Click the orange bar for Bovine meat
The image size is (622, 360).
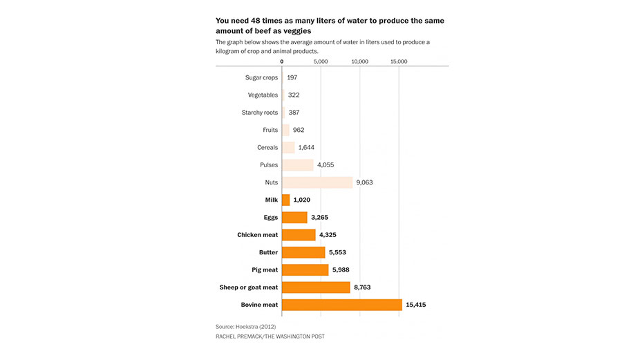[x=342, y=305]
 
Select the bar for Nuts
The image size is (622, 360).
[x=317, y=182]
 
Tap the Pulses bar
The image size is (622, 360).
[x=297, y=165]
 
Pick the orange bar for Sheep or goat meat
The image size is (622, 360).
[x=316, y=287]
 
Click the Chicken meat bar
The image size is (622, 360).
[x=299, y=235]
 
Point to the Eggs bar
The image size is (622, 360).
[x=294, y=217]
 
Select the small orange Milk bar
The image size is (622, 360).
[x=286, y=200]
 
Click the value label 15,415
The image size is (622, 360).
[x=416, y=305]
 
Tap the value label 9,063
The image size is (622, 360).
[x=364, y=182]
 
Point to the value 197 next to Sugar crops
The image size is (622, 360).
[x=292, y=77]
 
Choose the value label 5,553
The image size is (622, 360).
[x=337, y=252]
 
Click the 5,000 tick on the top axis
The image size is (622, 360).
[x=321, y=61]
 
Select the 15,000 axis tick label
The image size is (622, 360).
[x=399, y=61]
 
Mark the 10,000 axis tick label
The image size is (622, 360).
[x=360, y=61]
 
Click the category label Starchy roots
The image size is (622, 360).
[x=260, y=113]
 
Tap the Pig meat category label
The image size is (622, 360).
[x=265, y=270]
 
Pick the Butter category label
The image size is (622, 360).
[x=269, y=252]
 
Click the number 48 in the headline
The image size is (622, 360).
[x=256, y=21]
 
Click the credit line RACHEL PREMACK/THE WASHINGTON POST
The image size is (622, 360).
[x=270, y=337]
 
